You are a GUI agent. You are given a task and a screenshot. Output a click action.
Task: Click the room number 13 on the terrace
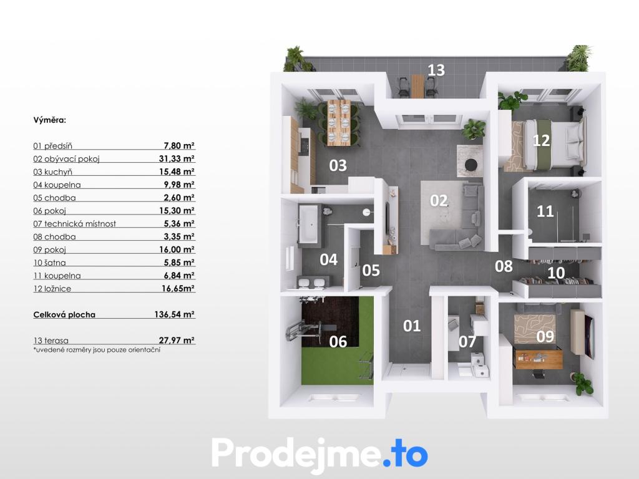point(436,70)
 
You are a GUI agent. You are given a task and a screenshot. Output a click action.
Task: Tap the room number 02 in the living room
point(439,200)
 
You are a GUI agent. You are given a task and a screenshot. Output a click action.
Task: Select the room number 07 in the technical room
point(467,342)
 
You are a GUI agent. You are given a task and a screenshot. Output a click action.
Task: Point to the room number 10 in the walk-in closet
point(556,273)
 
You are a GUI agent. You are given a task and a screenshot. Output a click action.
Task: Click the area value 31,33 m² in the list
point(177,158)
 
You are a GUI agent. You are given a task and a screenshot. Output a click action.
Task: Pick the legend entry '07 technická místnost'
point(75,224)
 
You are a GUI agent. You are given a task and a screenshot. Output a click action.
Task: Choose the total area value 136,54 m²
point(175,314)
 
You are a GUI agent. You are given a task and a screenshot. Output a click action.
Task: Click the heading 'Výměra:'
point(50,120)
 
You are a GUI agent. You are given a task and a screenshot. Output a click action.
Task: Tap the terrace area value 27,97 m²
point(177,340)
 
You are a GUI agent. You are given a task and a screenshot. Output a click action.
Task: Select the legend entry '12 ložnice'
point(52,289)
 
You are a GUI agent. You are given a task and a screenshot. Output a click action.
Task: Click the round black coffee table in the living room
point(471,165)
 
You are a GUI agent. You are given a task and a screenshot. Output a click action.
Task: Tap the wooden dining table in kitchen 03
point(339,122)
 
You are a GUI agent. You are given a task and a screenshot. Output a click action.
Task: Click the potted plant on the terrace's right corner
point(578,58)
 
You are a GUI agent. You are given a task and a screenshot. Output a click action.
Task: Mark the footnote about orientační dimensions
point(97,350)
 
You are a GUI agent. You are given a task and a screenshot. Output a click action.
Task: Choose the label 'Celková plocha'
point(64,314)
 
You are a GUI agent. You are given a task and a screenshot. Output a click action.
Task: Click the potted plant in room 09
point(582,384)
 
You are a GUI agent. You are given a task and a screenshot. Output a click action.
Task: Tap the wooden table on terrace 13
point(417,85)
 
